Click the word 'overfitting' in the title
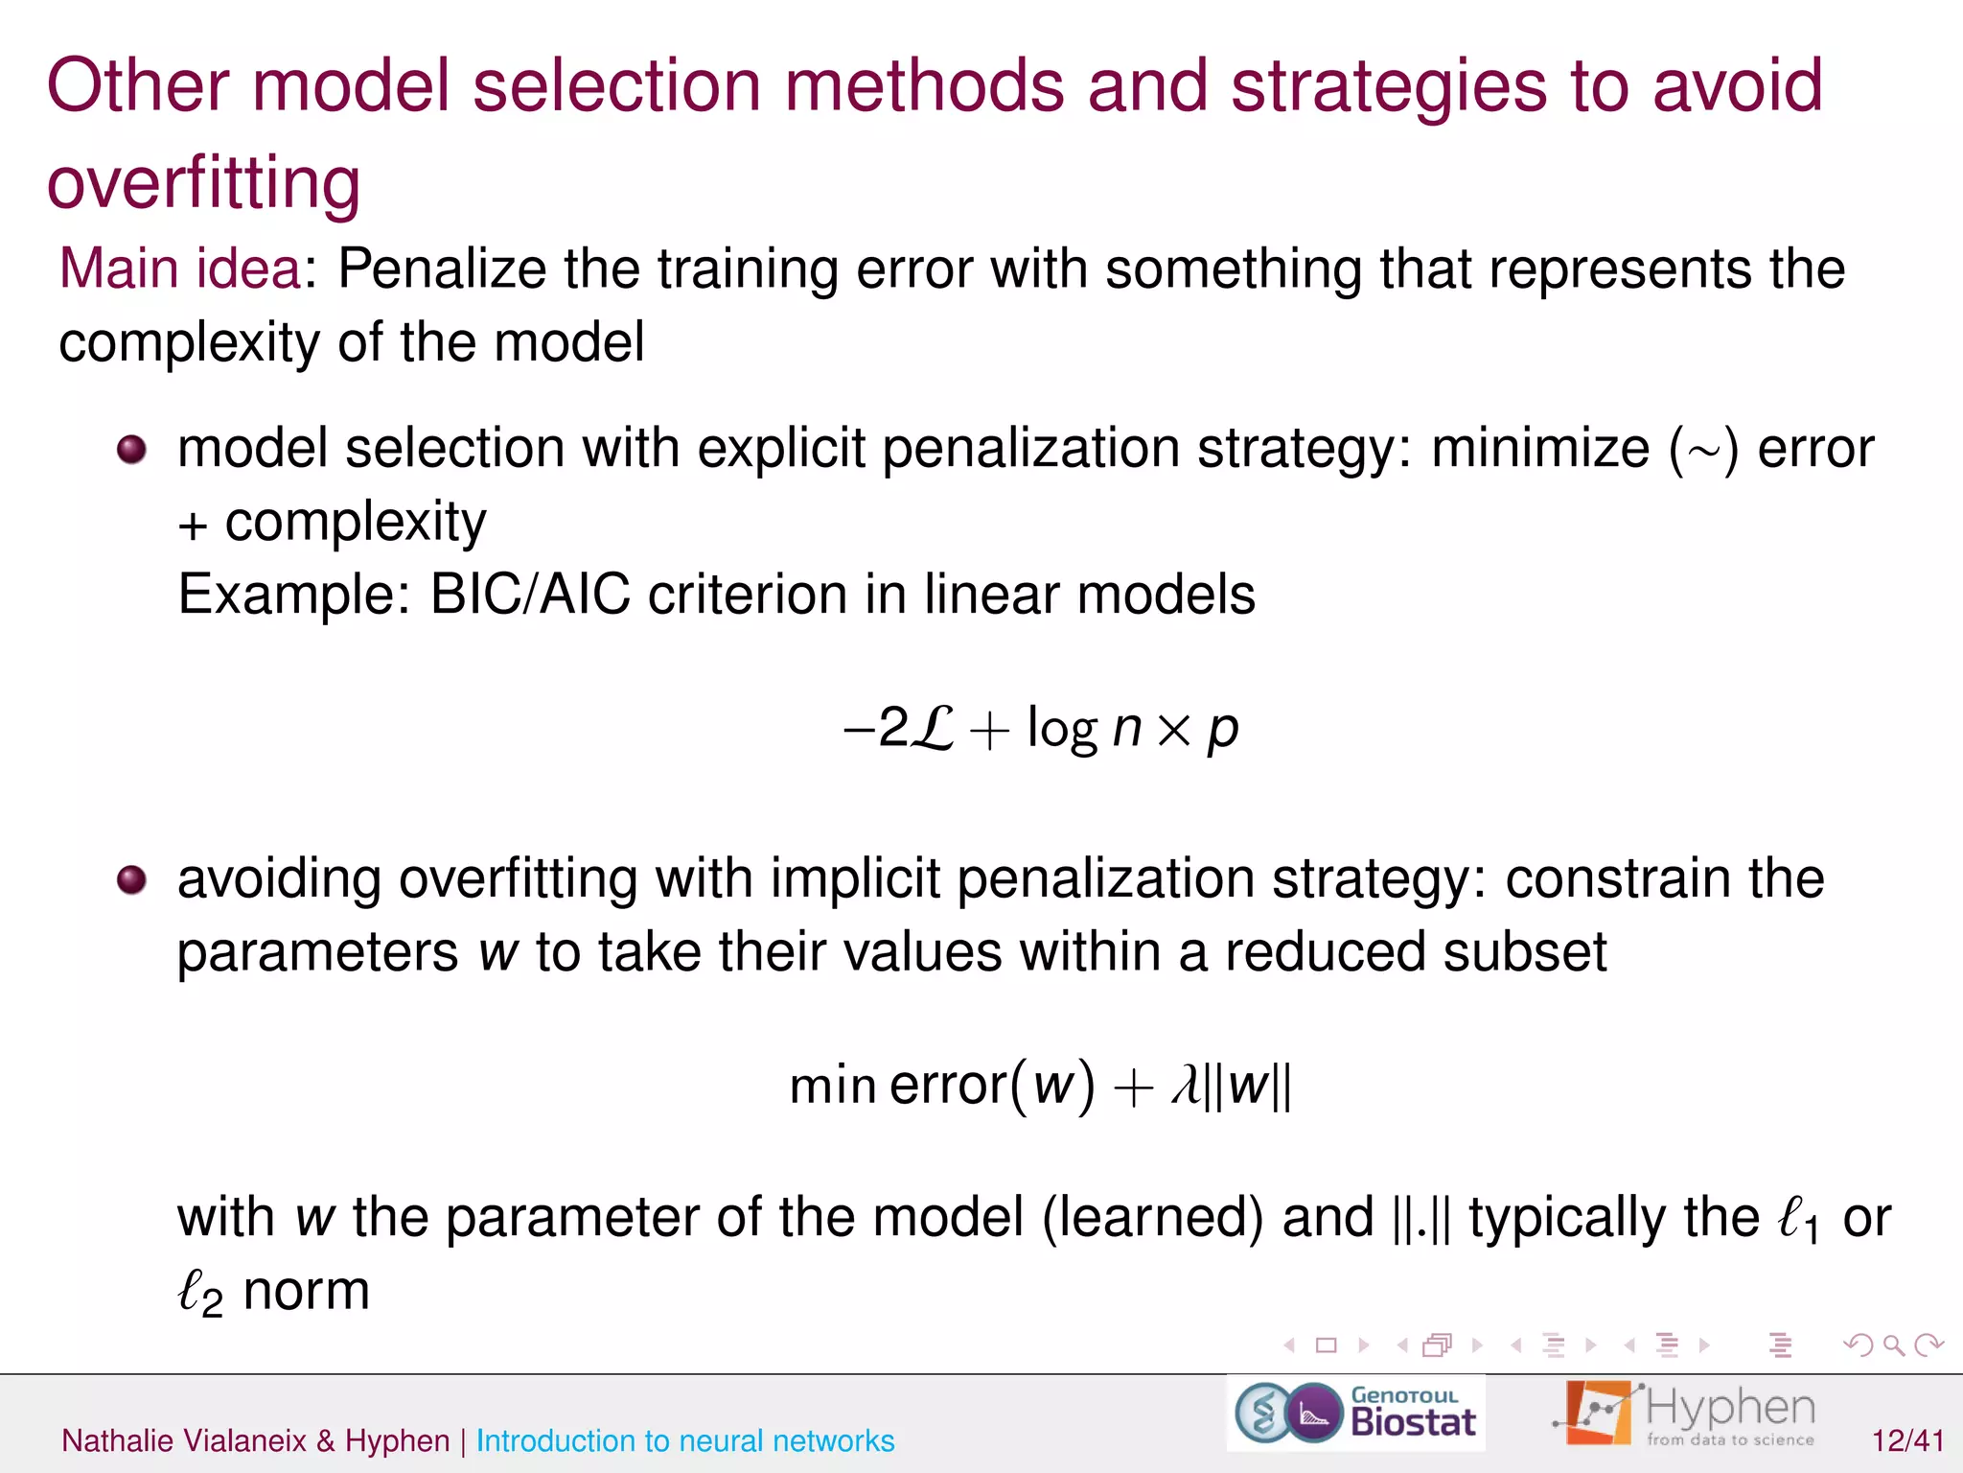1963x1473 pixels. click(203, 182)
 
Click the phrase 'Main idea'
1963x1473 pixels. click(180, 269)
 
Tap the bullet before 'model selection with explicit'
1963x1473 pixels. click(132, 449)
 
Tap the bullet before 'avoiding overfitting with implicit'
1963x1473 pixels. click(132, 879)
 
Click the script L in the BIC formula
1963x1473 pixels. click(932, 729)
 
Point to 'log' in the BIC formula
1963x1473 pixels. click(1062, 729)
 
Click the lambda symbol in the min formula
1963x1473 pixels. click(1187, 1087)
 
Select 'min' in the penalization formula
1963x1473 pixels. click(832, 1087)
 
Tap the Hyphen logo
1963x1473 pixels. click(1685, 1414)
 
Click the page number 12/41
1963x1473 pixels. click(1907, 1440)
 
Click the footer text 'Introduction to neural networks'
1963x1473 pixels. click(684, 1440)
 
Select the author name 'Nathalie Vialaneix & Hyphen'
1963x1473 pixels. click(255, 1440)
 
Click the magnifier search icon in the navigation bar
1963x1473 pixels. click(1893, 1345)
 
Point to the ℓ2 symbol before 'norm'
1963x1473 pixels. click(199, 1293)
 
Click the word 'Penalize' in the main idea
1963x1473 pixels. click(442, 269)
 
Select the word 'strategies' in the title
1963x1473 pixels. click(1389, 86)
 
